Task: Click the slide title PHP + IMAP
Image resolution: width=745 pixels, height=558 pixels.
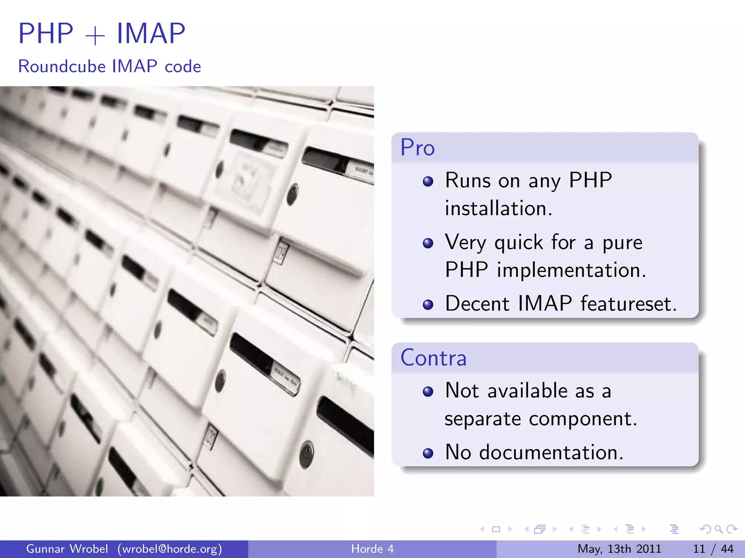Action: (102, 33)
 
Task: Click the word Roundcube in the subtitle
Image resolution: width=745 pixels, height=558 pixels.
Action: (62, 66)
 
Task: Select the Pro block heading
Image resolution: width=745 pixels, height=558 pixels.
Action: (418, 148)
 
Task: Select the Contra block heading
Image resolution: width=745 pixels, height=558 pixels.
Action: (433, 358)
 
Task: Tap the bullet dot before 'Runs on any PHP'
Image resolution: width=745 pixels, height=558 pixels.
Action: (428, 181)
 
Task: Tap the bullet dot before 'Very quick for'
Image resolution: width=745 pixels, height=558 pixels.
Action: (428, 243)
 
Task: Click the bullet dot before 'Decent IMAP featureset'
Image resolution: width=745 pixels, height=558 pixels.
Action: (428, 304)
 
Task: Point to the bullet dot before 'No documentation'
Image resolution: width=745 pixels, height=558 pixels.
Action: (428, 453)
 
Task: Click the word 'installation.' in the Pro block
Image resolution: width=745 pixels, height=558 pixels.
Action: (499, 209)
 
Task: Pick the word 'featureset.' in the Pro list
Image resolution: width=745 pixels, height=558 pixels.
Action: (629, 304)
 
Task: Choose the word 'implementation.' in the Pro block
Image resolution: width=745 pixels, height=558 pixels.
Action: (571, 270)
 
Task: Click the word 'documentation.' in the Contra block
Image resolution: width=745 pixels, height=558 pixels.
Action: (551, 453)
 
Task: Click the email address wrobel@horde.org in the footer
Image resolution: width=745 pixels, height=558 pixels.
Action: (170, 549)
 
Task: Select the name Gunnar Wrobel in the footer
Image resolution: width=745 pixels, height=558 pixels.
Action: (67, 549)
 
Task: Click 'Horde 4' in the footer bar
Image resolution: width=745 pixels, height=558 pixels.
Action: (372, 549)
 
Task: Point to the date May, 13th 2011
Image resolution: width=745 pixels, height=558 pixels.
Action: (619, 549)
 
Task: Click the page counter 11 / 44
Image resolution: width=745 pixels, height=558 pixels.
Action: (713, 549)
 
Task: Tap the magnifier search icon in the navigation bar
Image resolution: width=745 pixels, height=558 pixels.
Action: (718, 529)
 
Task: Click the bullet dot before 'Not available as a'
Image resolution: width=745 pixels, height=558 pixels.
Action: (428, 392)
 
